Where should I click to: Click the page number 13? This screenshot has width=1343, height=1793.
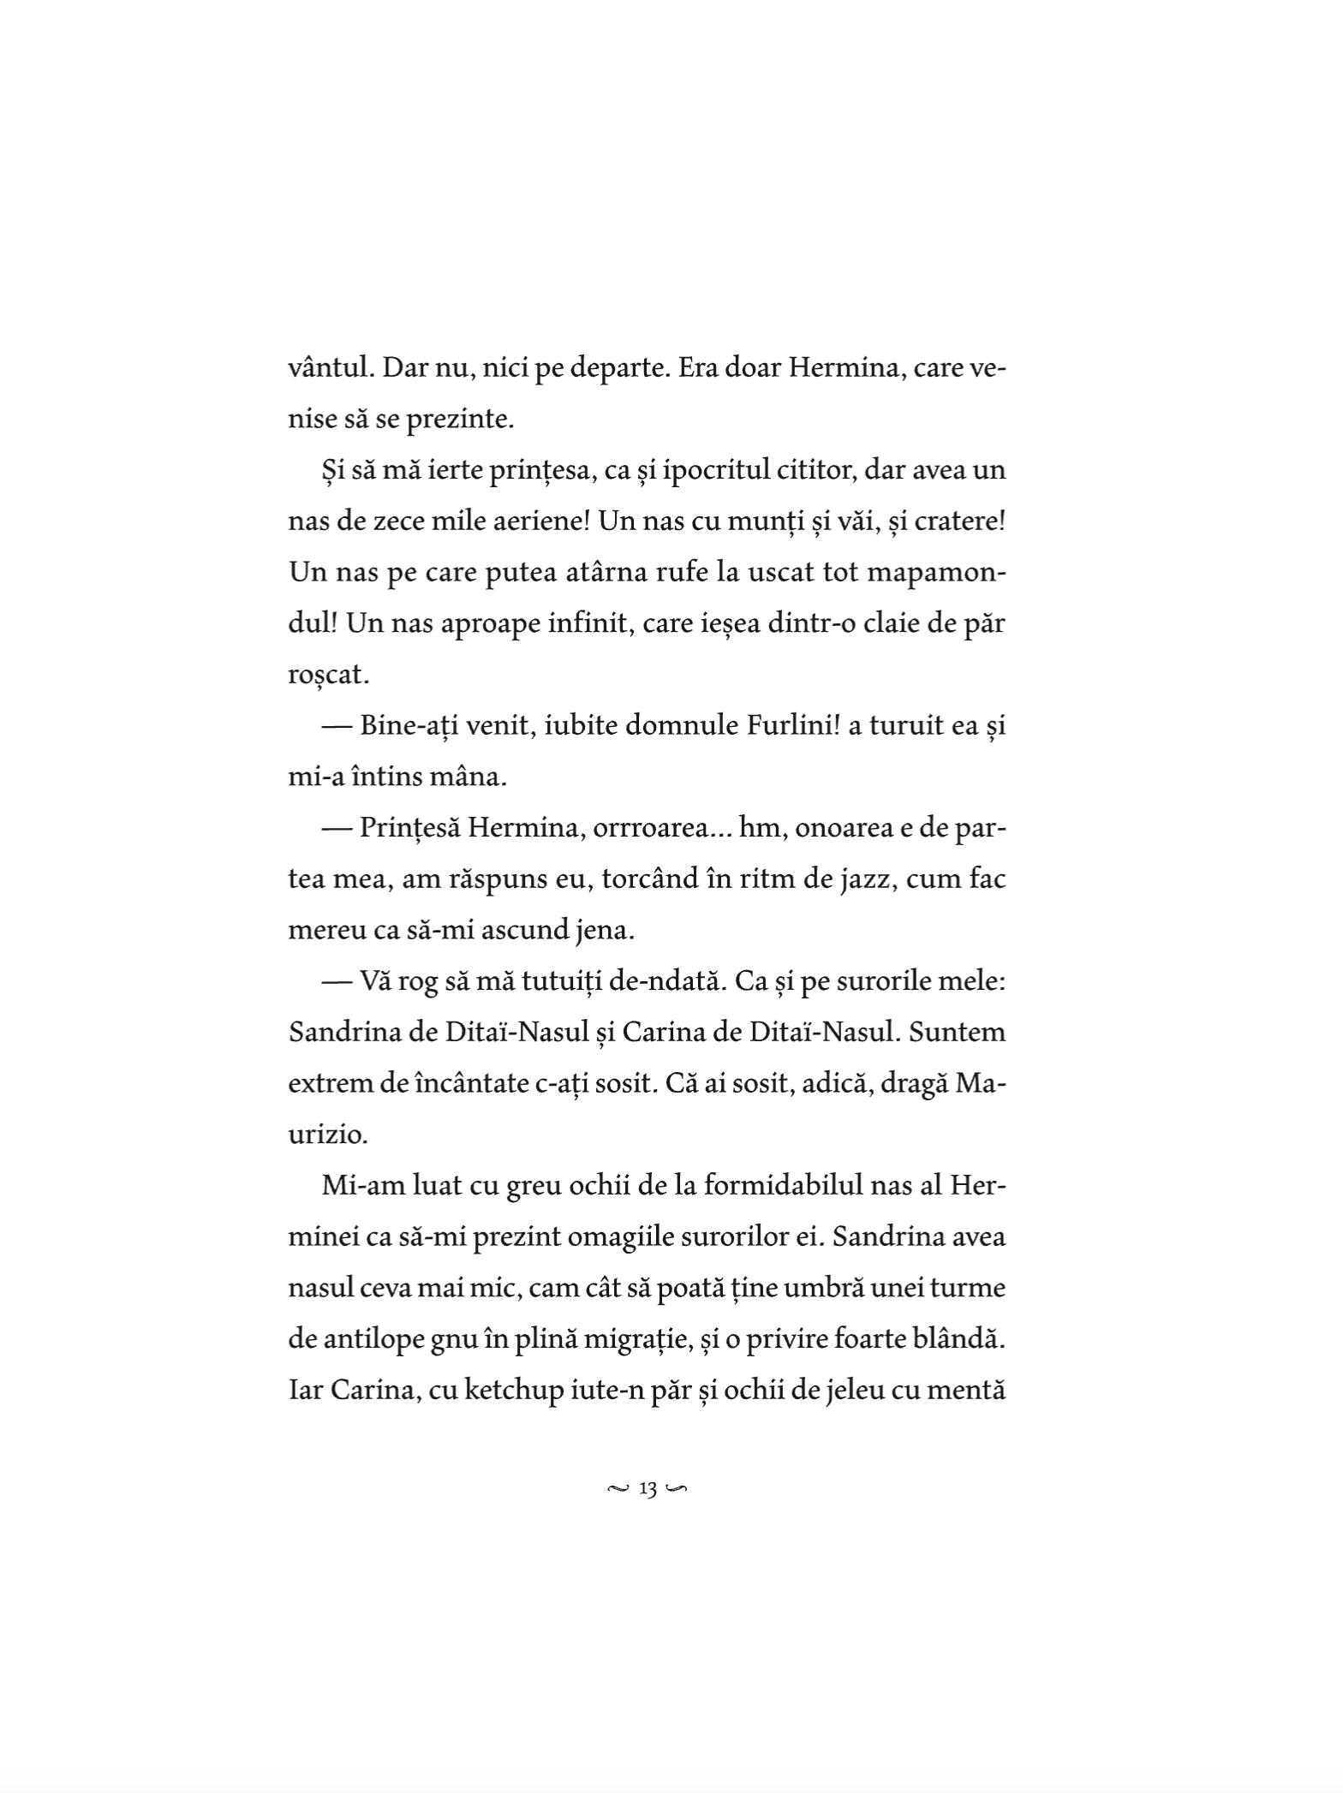[x=648, y=1490]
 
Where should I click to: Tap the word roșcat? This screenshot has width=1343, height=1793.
[x=328, y=674]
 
